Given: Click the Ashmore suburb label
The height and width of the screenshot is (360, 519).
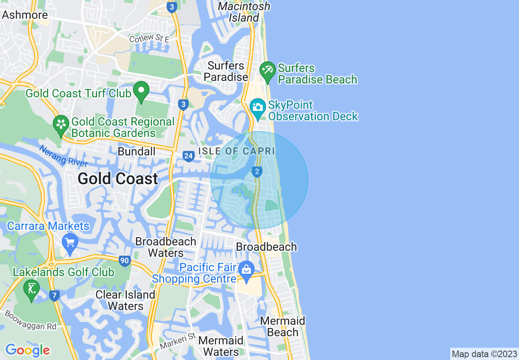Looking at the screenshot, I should click(25, 15).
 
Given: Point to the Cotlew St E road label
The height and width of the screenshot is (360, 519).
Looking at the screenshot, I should click(149, 39).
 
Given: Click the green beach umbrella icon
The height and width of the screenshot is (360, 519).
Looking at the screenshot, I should click(268, 71).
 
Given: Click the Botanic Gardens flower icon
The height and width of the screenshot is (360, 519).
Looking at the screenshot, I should click(61, 124).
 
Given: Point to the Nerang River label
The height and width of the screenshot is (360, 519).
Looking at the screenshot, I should click(63, 156).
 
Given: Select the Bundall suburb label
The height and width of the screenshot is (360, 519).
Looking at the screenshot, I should click(136, 152).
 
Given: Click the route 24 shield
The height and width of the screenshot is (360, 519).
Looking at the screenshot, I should click(188, 156).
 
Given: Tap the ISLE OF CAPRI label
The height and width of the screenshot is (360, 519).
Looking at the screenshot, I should click(236, 151).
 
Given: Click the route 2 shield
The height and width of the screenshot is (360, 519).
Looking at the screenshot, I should click(257, 172).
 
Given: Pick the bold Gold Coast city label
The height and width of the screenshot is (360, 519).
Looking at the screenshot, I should click(118, 179).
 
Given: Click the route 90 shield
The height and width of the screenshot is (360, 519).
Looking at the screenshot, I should click(125, 261).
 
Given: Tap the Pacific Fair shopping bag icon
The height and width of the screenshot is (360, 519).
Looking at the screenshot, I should click(246, 270).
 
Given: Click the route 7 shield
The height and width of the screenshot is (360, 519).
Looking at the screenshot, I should click(54, 295).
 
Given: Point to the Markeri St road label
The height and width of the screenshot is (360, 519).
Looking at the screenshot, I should click(178, 341).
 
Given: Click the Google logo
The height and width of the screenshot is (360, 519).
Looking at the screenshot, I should click(27, 350).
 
